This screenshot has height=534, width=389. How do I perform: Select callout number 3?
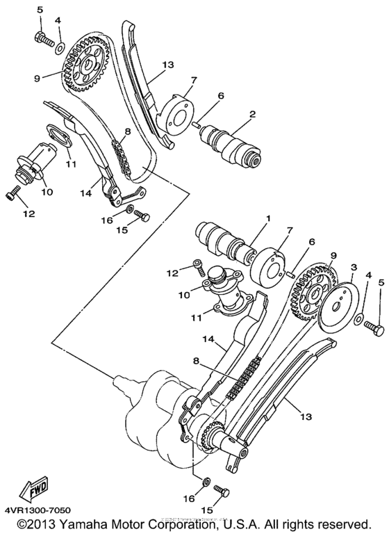354,267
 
